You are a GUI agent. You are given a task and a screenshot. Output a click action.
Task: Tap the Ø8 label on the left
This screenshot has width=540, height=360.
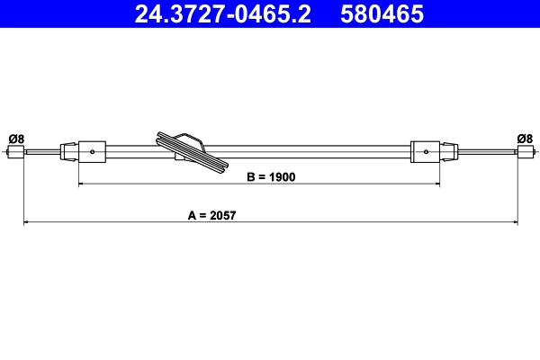tap(15, 138)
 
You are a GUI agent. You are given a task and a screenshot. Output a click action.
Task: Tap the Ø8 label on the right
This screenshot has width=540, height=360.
tap(525, 138)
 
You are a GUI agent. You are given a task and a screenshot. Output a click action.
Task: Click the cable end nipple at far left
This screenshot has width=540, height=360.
tap(15, 152)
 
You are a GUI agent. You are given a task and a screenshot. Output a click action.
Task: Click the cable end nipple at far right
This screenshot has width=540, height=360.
tap(525, 152)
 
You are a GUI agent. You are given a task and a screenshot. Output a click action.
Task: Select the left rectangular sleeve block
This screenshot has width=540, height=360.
tap(94, 151)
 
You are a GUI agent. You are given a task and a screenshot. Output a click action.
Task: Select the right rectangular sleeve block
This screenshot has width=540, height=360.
tap(425, 151)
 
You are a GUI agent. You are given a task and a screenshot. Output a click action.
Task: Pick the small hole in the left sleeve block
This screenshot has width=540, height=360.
tap(94, 152)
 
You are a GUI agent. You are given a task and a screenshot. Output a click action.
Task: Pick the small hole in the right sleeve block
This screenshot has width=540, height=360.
tap(425, 152)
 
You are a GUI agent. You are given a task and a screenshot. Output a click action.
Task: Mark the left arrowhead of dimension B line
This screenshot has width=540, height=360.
tap(83, 184)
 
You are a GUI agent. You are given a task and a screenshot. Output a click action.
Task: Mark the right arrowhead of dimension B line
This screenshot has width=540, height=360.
tap(436, 184)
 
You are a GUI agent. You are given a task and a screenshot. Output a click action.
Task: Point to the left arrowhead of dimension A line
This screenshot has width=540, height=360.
tap(26, 221)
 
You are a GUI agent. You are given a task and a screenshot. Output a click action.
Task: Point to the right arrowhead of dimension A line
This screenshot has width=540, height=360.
tap(515, 221)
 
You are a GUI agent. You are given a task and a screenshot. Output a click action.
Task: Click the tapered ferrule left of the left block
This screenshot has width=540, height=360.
tap(68, 151)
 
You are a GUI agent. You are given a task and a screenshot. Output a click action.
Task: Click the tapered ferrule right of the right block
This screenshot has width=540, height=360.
tap(448, 151)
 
